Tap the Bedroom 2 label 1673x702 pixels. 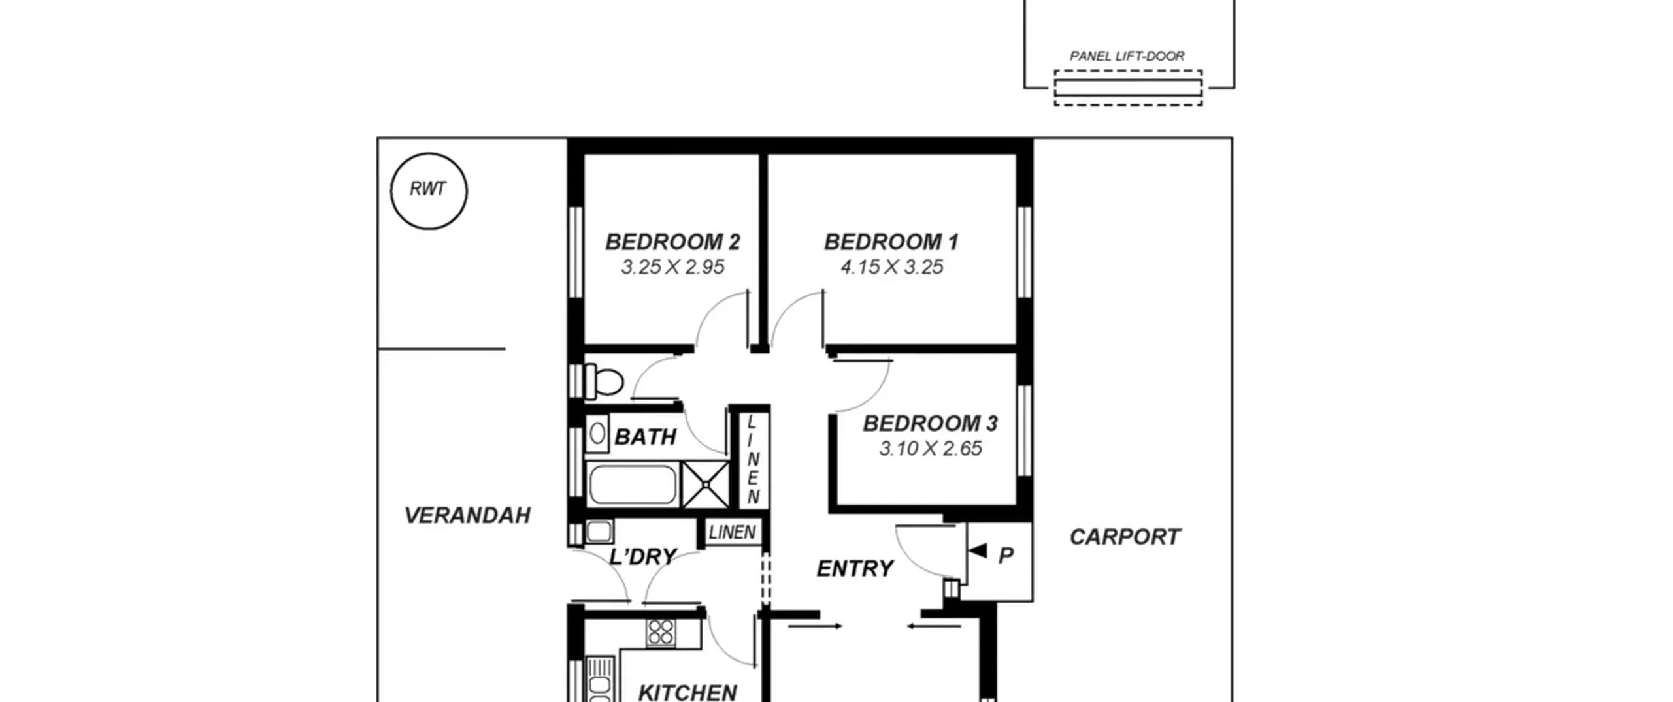(x=672, y=242)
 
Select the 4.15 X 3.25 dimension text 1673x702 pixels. (x=891, y=267)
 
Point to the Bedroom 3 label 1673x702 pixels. (x=930, y=423)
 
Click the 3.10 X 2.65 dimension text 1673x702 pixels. (x=930, y=449)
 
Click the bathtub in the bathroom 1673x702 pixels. (x=633, y=485)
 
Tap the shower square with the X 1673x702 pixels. (x=705, y=485)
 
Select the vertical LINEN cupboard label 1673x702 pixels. (x=753, y=460)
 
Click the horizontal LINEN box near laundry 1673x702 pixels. (x=732, y=532)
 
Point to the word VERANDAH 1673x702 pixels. (x=467, y=516)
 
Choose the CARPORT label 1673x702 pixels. (x=1125, y=537)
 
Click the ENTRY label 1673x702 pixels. (x=855, y=569)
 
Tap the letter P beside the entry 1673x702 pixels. (x=1006, y=556)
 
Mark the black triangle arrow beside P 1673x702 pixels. (x=977, y=551)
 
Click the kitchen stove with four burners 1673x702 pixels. (x=661, y=632)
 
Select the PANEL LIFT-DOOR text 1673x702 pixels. (x=1127, y=56)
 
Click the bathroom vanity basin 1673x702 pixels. (x=597, y=434)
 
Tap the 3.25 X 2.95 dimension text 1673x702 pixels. (x=672, y=267)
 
